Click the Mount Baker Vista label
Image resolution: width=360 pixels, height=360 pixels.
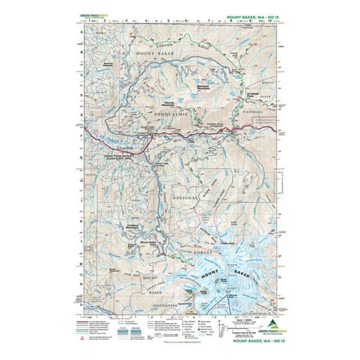click(x=148, y=244)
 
